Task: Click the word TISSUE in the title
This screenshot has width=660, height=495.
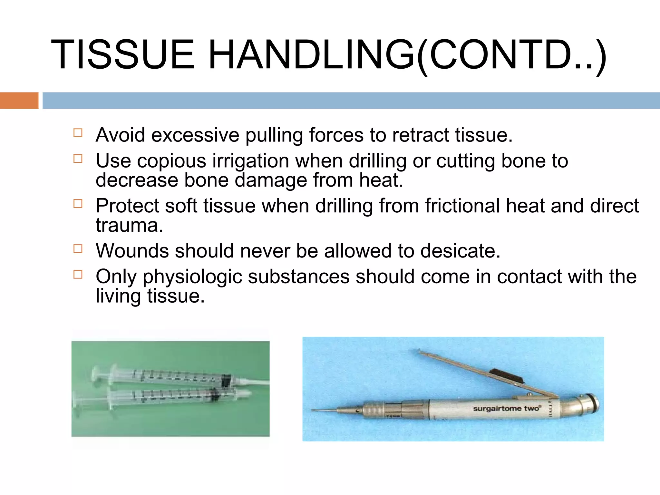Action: coord(123,54)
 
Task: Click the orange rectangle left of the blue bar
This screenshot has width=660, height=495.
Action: coord(19,101)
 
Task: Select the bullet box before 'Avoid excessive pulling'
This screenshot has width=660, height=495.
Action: coord(78,133)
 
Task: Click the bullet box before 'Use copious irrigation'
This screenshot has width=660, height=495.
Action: coord(78,159)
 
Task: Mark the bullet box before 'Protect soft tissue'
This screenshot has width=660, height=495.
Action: coord(78,204)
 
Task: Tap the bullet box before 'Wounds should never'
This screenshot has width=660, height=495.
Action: coord(78,249)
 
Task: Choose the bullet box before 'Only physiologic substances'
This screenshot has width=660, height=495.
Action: coord(78,275)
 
